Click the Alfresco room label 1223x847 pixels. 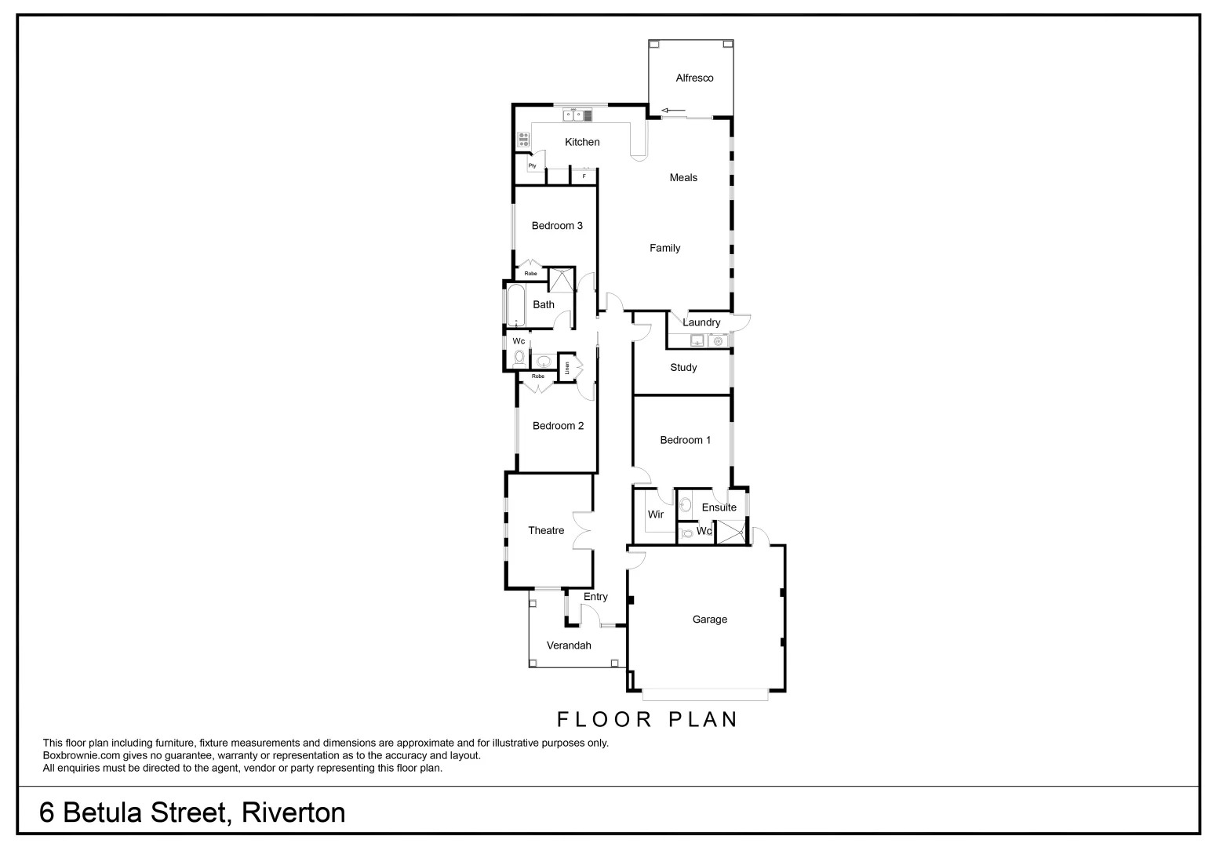click(694, 78)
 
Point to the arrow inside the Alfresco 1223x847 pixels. click(673, 110)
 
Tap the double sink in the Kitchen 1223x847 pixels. click(577, 115)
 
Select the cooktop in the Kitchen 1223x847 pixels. click(523, 140)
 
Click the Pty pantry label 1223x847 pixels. click(532, 165)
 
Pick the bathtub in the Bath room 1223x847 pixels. click(515, 305)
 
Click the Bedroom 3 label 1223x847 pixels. click(557, 226)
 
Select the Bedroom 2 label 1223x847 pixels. click(558, 426)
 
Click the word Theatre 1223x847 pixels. click(546, 531)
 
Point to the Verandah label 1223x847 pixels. click(569, 645)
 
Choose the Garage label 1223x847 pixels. click(709, 620)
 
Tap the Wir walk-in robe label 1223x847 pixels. click(656, 514)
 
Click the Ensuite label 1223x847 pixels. click(719, 507)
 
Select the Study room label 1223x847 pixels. click(683, 367)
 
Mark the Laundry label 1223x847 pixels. click(701, 322)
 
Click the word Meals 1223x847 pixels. click(683, 178)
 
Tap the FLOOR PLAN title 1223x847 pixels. click(647, 719)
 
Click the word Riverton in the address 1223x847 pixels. click(293, 812)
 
